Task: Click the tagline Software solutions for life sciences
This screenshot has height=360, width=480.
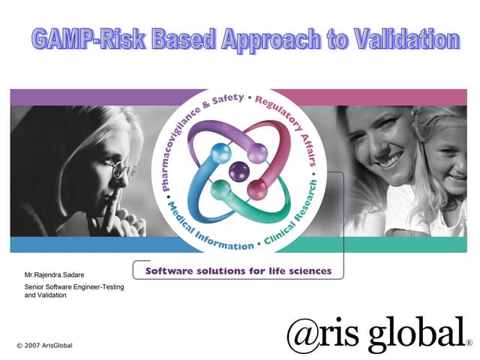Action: click(238, 270)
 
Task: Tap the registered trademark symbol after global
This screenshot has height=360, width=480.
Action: click(469, 343)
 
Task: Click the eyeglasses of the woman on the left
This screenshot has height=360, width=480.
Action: click(122, 169)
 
